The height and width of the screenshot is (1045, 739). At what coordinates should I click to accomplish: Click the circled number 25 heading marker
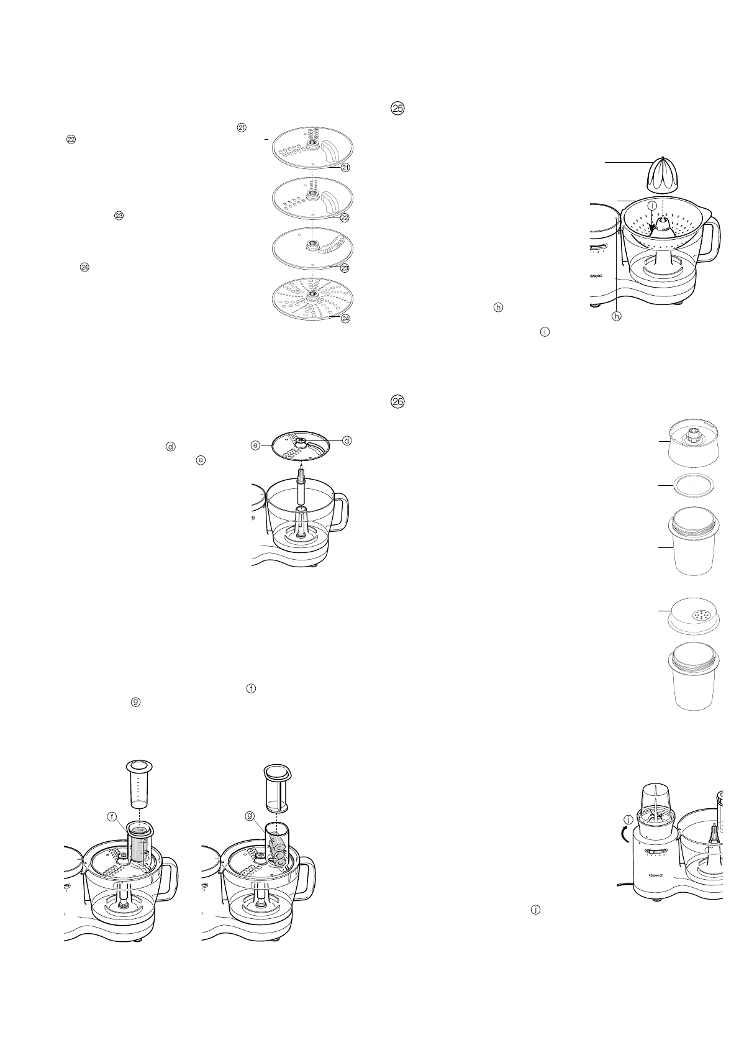tap(397, 108)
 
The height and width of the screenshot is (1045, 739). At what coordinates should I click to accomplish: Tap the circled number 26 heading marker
tap(397, 402)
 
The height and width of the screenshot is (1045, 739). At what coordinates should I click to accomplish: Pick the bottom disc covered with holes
tap(312, 298)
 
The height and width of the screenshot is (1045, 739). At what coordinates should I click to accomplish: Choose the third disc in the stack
tap(312, 249)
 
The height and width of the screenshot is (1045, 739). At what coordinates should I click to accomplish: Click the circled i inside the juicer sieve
tap(652, 205)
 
